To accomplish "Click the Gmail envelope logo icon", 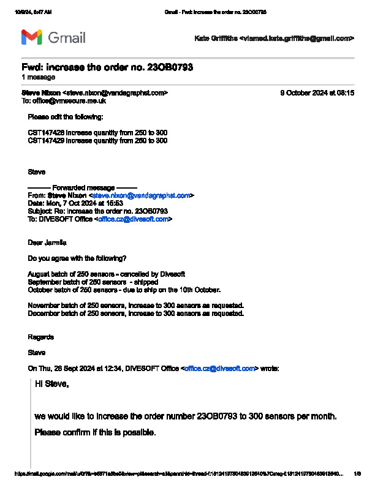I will pos(32,37).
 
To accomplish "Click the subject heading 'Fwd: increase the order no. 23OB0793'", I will pos(107,67).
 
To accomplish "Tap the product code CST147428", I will pos(46,132).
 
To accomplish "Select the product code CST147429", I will pos(46,140).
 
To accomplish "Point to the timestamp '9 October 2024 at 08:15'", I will pos(317,93).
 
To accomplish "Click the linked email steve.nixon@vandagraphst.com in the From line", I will pos(142,195).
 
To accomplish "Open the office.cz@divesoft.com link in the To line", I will pos(134,219).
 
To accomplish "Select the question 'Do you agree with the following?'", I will pos(77,258).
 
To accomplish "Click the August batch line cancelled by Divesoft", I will pos(107,274).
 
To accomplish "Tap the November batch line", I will pos(136,305).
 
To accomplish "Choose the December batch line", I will pos(136,313).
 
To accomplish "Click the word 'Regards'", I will pos(41,337).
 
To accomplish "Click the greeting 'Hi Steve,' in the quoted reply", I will pos(52,385).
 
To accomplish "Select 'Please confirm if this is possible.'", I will pos(95,432).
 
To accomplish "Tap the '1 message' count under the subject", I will pos(38,77).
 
